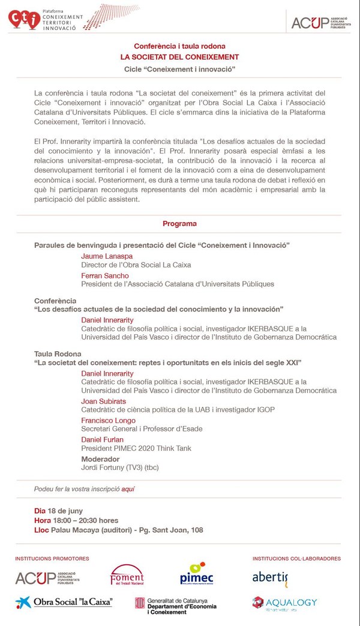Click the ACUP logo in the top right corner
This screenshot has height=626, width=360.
coord(319,22)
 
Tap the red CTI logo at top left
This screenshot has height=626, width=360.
coord(24,19)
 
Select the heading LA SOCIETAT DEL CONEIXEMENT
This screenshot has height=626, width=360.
coord(179,57)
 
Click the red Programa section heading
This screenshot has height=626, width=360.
coord(179,224)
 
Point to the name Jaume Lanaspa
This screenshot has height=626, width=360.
coord(105,256)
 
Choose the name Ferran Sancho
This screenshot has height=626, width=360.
coord(105,275)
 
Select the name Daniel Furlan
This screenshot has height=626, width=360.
coord(102,440)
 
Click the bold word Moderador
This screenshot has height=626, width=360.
coord(100,459)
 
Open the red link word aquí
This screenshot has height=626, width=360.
coord(128,489)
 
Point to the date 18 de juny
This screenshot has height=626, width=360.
coord(65,511)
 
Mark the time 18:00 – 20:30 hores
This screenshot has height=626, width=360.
coord(85,520)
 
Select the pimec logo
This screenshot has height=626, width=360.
coord(196,576)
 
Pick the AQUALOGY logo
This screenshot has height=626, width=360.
coord(284,603)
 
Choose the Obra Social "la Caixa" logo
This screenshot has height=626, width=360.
coord(64,602)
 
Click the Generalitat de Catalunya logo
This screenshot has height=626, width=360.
coord(176,605)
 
